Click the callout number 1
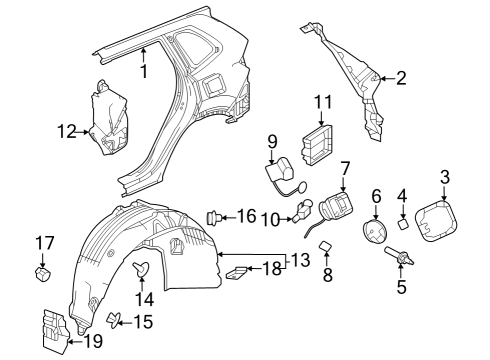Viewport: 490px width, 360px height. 144,72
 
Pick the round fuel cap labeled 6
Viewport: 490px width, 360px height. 376,231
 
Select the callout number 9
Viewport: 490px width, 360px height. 269,144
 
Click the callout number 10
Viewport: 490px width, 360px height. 268,218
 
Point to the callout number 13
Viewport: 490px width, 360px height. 300,262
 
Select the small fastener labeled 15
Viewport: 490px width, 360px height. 115,320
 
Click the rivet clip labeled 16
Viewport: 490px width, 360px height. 213,215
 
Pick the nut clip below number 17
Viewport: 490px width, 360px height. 44,273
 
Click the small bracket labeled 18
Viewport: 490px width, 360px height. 238,270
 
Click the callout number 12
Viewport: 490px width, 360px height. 66,129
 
